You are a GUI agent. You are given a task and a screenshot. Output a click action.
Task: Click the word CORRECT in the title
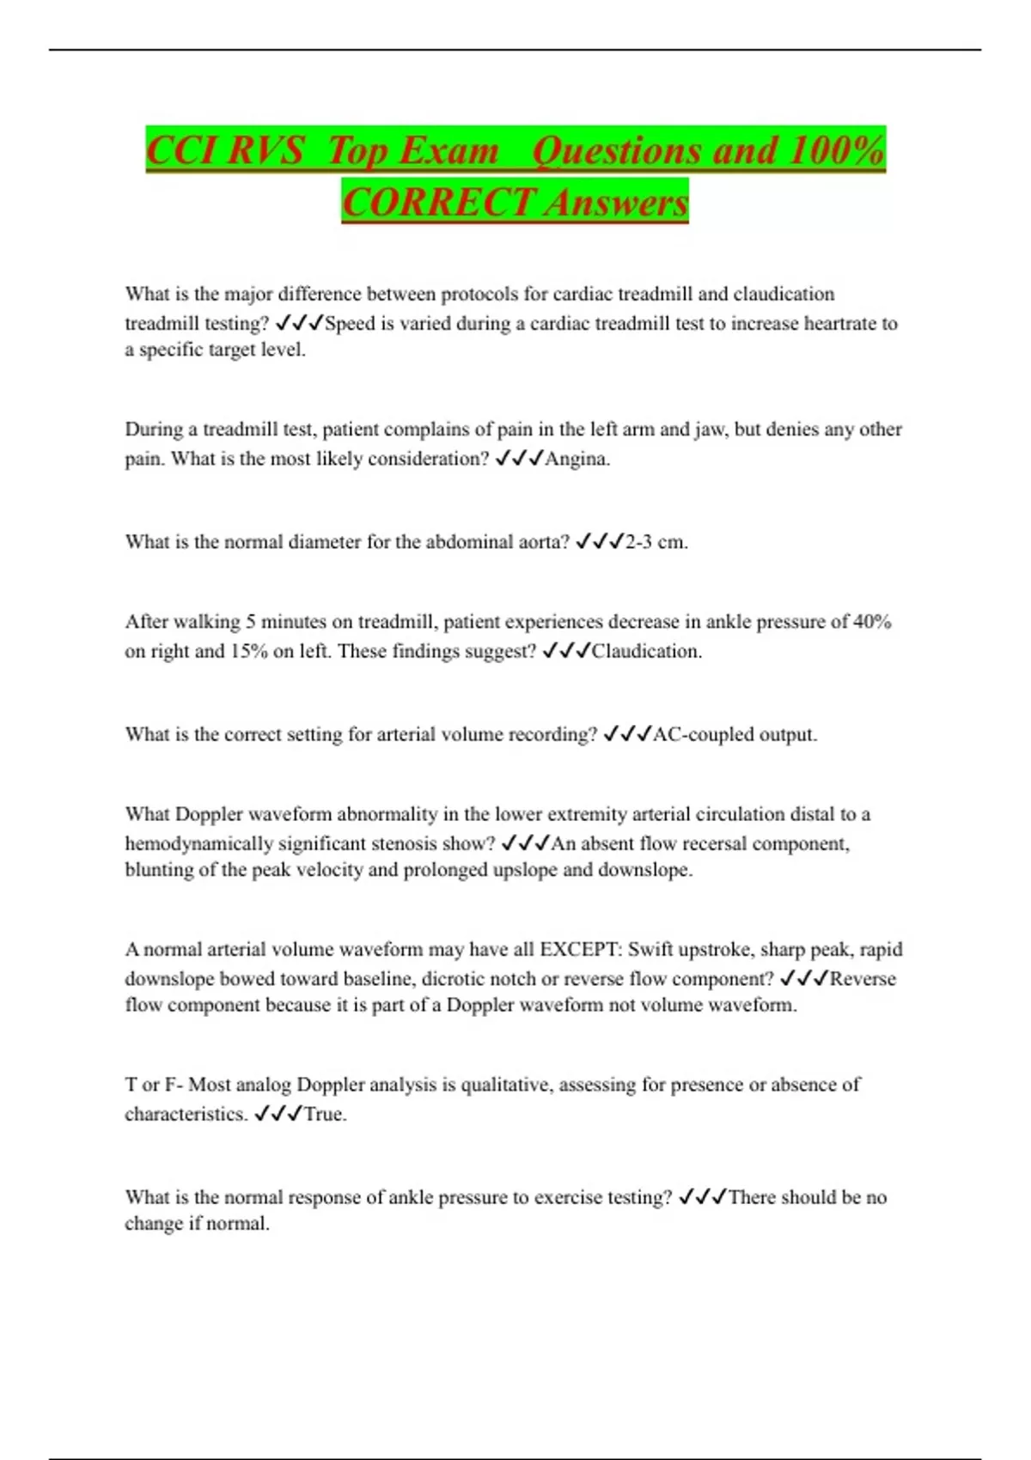point(440,203)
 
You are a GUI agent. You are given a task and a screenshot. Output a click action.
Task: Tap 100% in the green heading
point(835,151)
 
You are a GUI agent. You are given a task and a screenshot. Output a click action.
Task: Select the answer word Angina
point(577,459)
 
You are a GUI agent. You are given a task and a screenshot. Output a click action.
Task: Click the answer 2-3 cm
point(656,542)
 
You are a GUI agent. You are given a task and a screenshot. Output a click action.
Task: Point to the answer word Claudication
point(645,651)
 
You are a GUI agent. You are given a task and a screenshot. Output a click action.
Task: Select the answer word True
point(325,1114)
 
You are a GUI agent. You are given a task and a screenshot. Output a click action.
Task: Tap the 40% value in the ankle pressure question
point(872,621)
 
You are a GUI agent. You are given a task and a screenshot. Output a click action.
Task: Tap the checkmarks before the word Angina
point(520,459)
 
